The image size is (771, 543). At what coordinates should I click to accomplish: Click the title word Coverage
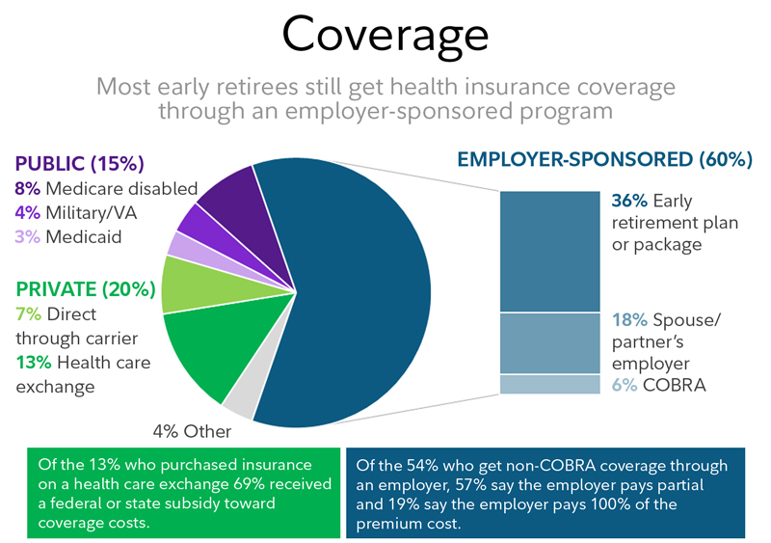(385, 36)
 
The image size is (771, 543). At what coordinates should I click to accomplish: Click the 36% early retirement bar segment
(549, 250)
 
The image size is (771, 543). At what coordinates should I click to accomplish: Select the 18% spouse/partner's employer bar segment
(549, 342)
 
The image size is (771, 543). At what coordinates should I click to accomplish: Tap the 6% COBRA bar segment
(549, 384)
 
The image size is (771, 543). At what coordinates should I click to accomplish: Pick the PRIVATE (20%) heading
(84, 288)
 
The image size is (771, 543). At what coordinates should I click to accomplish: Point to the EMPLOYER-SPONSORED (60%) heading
(605, 159)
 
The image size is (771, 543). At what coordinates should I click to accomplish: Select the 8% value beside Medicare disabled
(27, 189)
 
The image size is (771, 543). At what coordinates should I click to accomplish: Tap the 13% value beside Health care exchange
(31, 363)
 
